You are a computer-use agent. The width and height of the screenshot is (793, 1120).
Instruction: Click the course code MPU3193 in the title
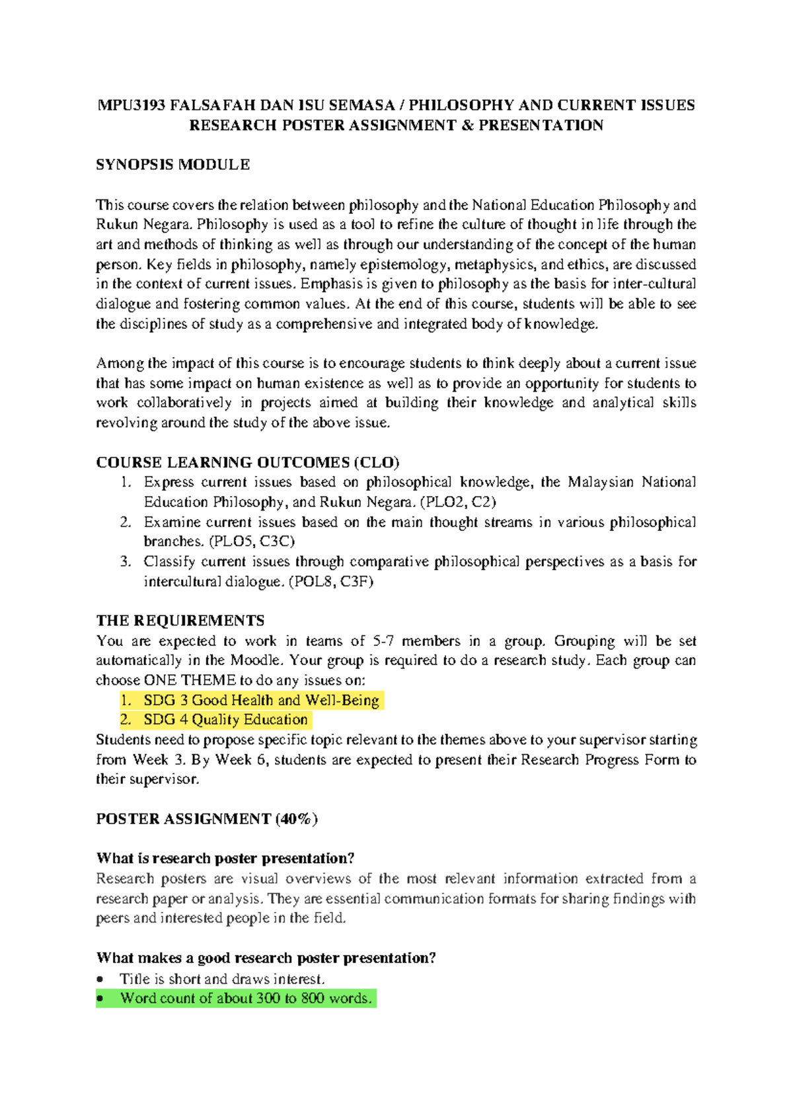point(131,106)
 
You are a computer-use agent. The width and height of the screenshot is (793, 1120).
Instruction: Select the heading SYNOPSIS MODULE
point(173,165)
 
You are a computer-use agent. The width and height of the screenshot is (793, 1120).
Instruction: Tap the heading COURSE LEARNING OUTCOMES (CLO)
point(248,462)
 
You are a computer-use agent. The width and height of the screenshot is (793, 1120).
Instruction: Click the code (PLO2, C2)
point(458,502)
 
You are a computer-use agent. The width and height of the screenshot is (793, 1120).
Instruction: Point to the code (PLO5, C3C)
point(252,542)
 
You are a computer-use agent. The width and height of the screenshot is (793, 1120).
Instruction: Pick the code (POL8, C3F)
point(331,582)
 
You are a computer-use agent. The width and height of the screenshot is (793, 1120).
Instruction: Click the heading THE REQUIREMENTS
point(180,621)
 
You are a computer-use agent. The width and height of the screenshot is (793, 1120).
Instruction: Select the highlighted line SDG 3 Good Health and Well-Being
point(261,700)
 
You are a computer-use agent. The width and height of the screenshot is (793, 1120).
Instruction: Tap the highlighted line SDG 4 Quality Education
point(225,720)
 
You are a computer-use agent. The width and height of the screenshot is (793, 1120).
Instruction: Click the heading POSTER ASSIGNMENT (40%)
point(207,819)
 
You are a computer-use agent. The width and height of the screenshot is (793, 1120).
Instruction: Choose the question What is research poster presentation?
point(225,858)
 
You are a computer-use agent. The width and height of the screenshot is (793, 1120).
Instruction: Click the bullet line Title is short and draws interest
point(222,979)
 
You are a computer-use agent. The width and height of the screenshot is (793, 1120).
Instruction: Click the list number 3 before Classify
point(126,562)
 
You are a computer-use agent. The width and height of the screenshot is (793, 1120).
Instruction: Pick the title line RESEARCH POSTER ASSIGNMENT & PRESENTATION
point(397,125)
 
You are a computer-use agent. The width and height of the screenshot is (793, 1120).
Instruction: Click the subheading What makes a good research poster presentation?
point(266,958)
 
